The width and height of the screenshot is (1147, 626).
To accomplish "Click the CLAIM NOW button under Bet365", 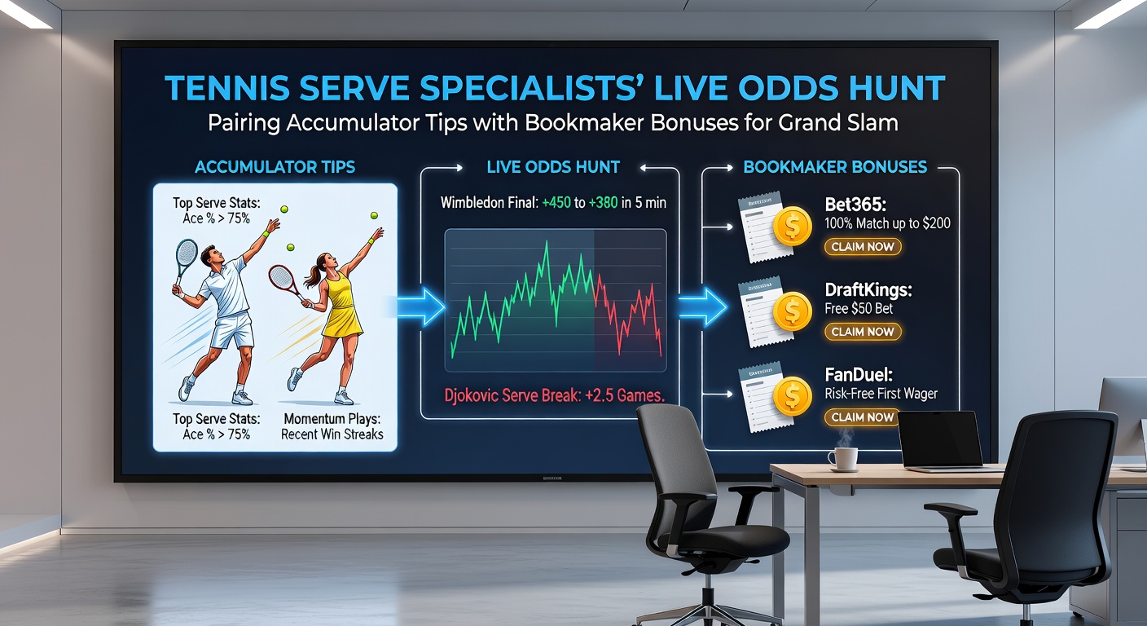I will [863, 246].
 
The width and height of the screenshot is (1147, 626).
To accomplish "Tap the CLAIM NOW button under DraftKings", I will [863, 332].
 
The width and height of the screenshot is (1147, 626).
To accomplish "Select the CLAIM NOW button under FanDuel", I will [863, 417].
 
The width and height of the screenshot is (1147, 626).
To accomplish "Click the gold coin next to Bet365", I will [793, 227].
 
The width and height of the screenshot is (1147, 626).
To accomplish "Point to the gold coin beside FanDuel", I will [793, 397].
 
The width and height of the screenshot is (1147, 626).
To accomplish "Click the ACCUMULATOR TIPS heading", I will [275, 167].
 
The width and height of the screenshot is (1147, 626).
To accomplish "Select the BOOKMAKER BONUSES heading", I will [835, 167].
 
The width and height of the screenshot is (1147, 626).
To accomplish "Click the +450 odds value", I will [557, 202].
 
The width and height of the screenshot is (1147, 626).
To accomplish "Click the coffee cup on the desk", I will [843, 458].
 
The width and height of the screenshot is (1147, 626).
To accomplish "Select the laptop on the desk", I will [943, 441].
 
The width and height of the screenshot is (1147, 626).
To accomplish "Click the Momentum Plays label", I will [332, 418].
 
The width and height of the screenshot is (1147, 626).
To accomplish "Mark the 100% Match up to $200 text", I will [888, 223].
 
